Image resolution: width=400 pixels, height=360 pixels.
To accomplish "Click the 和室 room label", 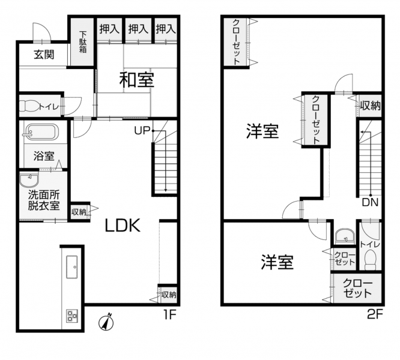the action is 137,80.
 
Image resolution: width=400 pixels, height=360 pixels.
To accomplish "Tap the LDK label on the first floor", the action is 123,226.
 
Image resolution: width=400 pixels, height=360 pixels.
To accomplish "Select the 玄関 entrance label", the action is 44,55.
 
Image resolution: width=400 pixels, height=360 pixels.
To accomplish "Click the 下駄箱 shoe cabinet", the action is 82,42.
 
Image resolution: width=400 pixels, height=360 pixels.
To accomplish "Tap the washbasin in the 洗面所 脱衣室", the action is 29,180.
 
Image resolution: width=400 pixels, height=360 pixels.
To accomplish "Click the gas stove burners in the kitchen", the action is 72,316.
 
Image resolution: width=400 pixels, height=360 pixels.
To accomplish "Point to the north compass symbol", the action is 106,322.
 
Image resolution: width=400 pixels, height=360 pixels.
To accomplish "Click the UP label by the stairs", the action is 142,131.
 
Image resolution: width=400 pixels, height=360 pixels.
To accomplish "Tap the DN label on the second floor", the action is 370,202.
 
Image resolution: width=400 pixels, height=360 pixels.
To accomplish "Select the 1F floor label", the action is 169,316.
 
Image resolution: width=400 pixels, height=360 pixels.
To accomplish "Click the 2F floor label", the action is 375,316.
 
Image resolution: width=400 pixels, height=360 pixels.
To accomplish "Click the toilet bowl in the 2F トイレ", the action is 370,260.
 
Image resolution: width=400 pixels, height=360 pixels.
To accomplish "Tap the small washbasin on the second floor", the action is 345,235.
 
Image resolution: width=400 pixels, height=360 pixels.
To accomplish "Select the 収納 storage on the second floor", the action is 370,106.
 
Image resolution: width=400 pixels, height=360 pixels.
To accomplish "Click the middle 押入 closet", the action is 138,29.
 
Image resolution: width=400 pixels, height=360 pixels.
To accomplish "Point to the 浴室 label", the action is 44,156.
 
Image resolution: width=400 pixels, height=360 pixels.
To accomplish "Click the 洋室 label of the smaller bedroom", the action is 277,262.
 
